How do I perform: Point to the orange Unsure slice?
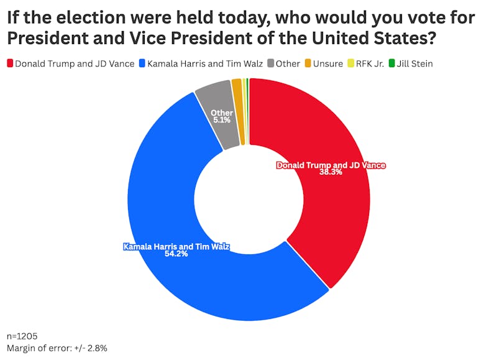237,112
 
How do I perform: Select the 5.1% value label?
222,120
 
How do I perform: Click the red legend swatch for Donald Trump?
10,63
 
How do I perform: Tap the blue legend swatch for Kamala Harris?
144,63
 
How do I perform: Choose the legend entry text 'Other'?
288,63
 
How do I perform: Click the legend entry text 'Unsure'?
329,63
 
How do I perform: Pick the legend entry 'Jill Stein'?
415,63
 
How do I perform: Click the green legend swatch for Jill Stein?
391,63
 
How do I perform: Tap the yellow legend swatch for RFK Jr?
351,63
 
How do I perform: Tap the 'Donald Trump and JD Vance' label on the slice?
331,165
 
